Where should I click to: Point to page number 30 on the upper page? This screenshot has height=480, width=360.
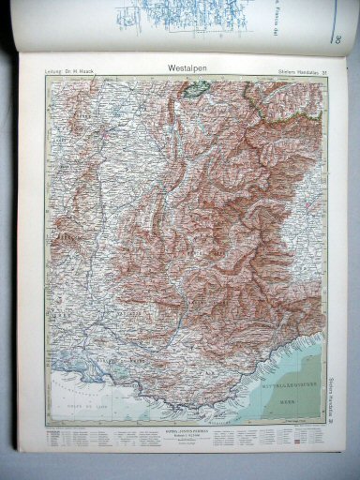(x=335, y=38)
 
